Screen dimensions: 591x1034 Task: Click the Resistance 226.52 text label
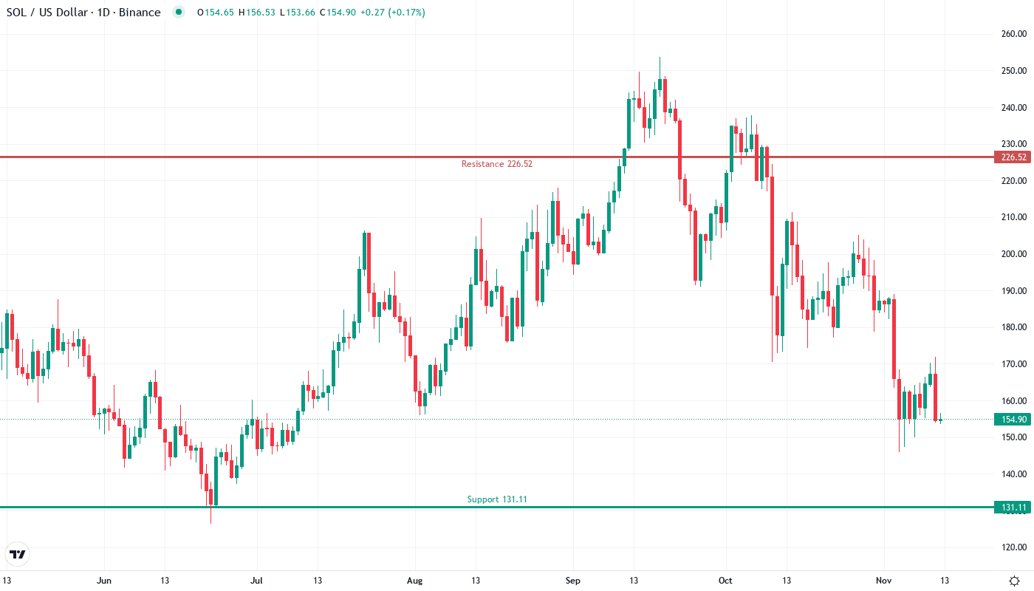496,164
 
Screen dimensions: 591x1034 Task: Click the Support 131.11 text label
497,499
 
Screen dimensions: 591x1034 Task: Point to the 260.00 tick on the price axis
1014,34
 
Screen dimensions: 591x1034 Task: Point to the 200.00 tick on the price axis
1014,254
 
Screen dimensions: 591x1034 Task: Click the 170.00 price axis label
1014,364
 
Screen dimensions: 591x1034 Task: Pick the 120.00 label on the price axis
1014,547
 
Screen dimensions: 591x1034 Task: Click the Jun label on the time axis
104,581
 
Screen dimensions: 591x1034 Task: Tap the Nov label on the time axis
884,581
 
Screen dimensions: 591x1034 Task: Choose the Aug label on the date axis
414,581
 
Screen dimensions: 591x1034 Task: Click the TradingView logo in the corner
18,554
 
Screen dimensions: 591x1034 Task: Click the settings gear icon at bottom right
1014,581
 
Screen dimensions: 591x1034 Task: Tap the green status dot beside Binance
178,13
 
